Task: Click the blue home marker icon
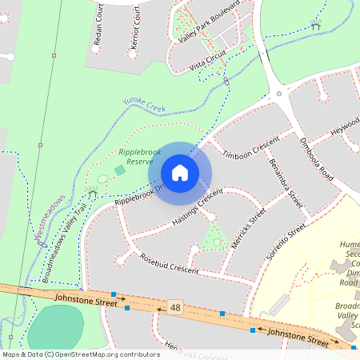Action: tap(180, 173)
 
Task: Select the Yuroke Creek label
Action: tap(143, 104)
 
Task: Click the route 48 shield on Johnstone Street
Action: tap(174, 307)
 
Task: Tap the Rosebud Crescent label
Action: tap(169, 264)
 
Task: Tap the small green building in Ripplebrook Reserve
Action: tap(120, 170)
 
